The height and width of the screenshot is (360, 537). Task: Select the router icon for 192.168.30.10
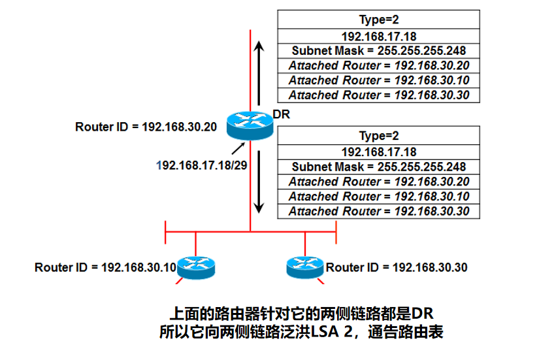click(195, 267)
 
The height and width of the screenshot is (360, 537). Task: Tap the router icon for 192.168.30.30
click(305, 267)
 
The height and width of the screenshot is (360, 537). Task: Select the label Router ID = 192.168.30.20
click(146, 127)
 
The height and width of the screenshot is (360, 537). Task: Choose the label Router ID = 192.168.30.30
click(397, 267)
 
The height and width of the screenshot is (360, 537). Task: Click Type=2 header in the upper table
click(378, 19)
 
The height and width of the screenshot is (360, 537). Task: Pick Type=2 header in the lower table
click(378, 136)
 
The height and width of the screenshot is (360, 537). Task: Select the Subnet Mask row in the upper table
click(378, 50)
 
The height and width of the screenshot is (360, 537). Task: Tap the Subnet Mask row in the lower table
click(378, 167)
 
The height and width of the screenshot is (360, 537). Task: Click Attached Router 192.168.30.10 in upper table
click(378, 80)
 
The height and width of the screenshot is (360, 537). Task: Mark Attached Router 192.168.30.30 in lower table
click(378, 211)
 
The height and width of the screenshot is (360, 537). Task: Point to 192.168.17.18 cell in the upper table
click(378, 35)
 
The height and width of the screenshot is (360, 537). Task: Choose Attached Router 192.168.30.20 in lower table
click(378, 182)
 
